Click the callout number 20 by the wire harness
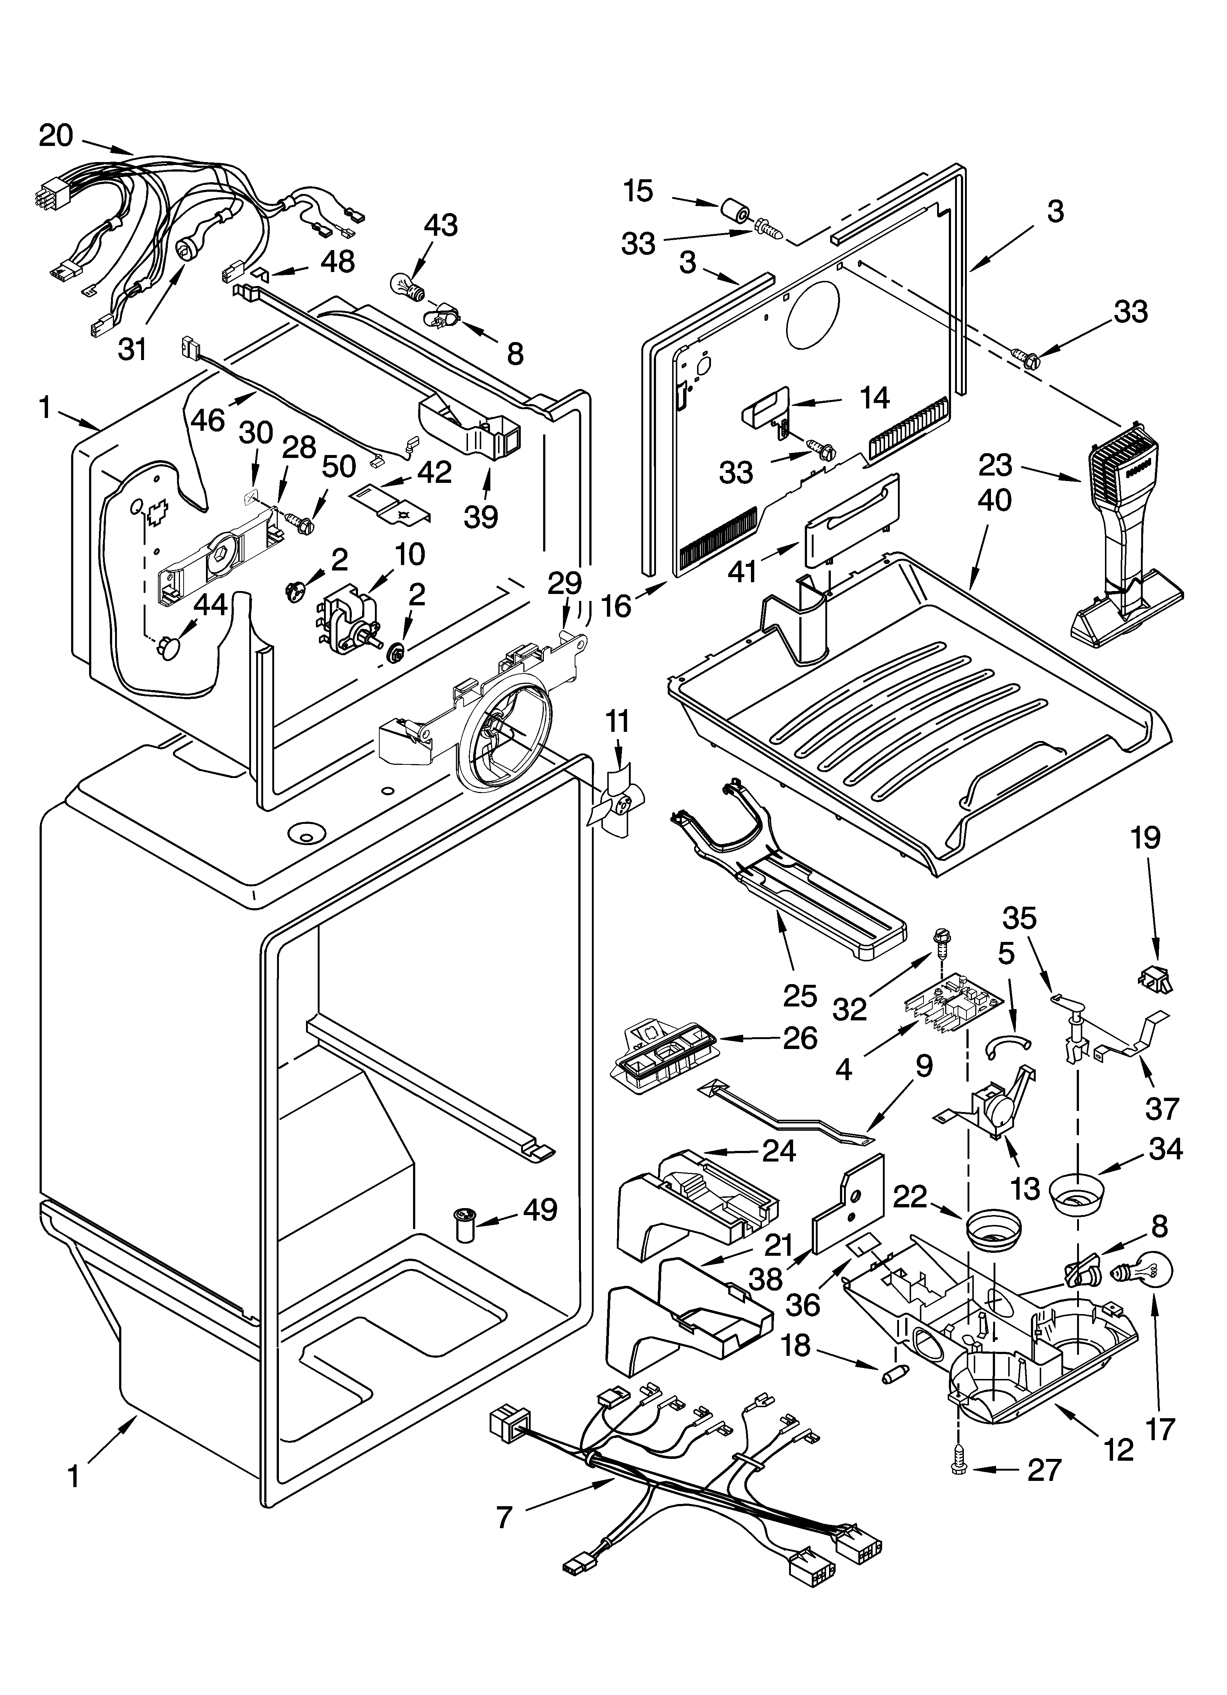pyautogui.click(x=56, y=136)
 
